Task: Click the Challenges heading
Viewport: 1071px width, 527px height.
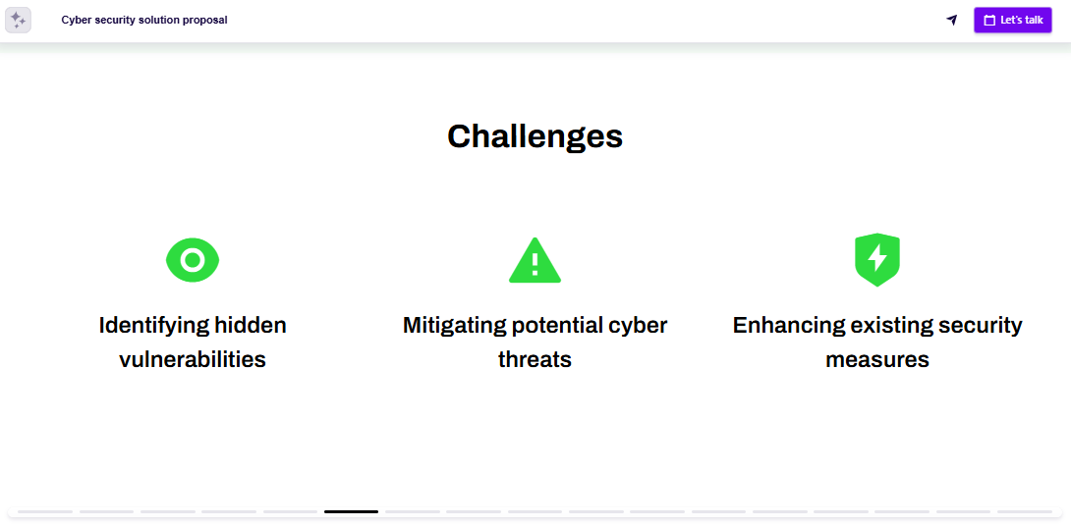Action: pos(535,136)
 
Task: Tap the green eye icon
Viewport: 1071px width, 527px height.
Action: pos(193,260)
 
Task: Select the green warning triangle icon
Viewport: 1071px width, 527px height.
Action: pos(535,261)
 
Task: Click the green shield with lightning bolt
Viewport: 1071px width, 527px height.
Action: pos(877,259)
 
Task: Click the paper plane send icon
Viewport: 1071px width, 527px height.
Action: pos(951,20)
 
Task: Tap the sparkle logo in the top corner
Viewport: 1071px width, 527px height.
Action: pos(18,20)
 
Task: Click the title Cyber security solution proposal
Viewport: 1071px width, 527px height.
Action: pos(144,20)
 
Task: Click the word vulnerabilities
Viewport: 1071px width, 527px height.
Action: pos(193,359)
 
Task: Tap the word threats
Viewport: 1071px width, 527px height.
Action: pos(535,359)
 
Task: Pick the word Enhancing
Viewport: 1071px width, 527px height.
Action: pos(788,325)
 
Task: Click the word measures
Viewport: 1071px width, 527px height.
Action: pos(877,359)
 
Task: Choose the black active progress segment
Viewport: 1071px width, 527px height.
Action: pos(351,511)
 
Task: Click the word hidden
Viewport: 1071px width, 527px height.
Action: pos(251,325)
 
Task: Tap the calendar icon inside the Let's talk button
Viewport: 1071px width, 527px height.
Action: pos(989,20)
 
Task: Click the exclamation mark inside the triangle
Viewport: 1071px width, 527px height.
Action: pos(535,263)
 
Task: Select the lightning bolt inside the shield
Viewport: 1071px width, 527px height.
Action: pos(877,257)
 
